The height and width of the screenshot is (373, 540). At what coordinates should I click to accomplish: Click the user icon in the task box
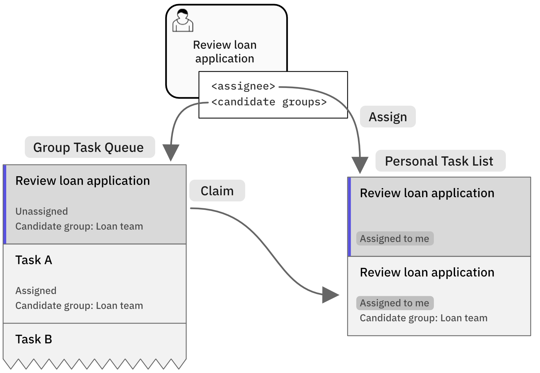[183, 21]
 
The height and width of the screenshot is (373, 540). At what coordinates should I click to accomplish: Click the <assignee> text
[243, 86]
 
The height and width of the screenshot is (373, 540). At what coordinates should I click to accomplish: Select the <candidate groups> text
[269, 102]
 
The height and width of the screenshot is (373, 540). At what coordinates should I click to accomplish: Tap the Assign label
[388, 117]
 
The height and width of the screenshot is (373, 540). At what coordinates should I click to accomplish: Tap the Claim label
[217, 191]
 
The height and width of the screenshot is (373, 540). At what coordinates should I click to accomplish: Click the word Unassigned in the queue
[42, 211]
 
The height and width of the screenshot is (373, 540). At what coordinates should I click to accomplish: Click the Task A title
[34, 260]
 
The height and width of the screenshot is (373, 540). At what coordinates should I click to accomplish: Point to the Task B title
[34, 339]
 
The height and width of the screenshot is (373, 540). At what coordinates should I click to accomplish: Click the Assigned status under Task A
[36, 291]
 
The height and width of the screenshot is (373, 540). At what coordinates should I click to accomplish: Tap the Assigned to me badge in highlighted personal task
[394, 239]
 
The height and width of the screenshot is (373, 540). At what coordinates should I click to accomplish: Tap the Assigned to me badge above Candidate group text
[394, 303]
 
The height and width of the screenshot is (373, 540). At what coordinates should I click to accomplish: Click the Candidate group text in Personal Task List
[423, 318]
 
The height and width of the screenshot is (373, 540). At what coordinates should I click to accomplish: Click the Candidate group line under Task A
[79, 306]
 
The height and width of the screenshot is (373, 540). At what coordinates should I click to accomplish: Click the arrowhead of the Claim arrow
[330, 295]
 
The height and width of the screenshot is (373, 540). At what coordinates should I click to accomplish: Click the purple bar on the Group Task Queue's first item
[5, 204]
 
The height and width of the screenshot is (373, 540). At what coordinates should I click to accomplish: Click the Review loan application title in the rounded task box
[225, 52]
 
